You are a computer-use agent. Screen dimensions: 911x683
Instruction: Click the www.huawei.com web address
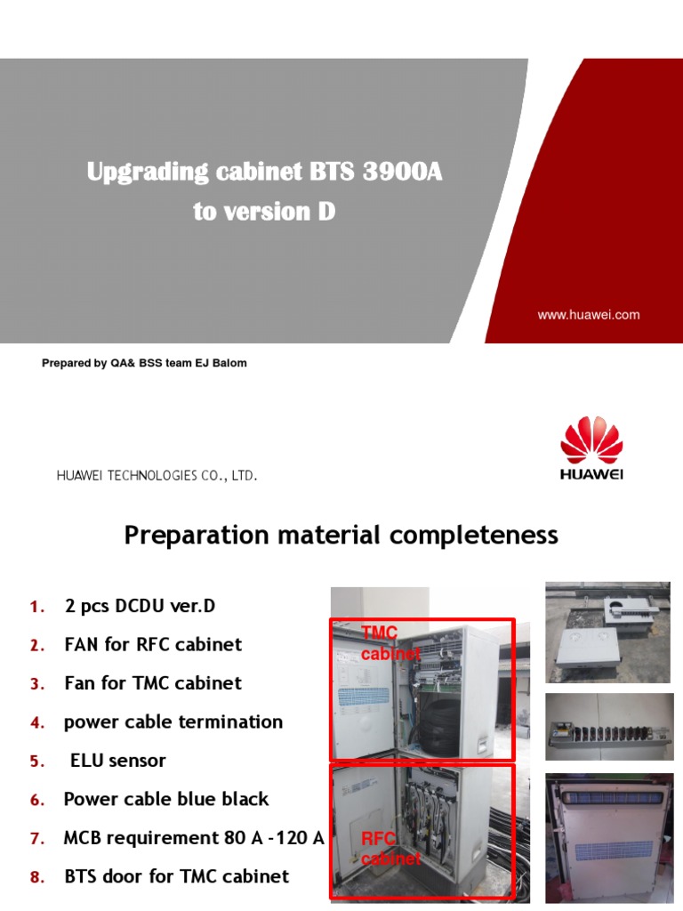(588, 315)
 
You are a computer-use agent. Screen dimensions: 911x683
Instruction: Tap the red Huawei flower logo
(591, 442)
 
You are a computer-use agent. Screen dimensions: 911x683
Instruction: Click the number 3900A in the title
(402, 173)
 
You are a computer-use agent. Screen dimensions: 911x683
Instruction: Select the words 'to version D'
(264, 214)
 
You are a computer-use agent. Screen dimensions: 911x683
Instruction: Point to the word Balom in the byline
(229, 363)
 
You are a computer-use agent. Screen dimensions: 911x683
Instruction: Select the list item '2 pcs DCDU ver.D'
(140, 606)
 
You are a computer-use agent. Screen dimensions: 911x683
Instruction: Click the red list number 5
(36, 762)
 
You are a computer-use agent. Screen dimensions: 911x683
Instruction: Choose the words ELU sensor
(117, 761)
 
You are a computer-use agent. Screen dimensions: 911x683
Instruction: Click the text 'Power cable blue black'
(166, 799)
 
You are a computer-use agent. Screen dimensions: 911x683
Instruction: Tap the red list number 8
(36, 877)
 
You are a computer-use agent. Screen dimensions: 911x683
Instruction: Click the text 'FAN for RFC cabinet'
(153, 644)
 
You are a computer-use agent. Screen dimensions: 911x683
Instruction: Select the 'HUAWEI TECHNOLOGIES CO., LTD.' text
(157, 476)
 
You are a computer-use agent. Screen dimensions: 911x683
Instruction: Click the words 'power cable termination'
(173, 722)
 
